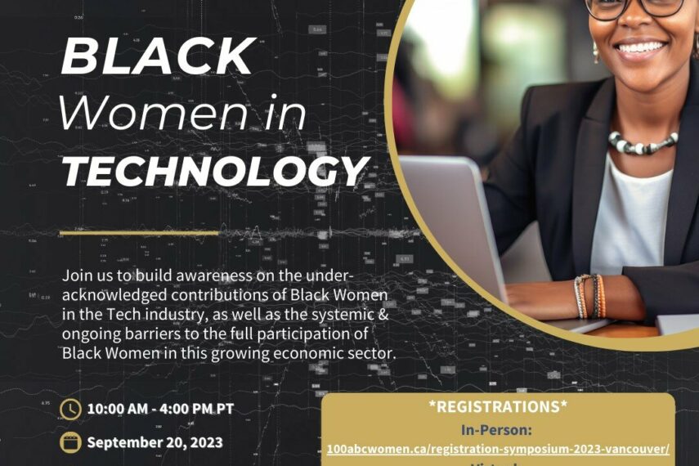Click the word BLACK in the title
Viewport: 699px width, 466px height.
158,56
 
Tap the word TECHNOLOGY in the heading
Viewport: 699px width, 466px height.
214,172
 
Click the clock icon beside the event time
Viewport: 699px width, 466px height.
71,408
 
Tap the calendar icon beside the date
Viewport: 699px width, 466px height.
71,442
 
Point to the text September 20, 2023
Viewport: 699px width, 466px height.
155,442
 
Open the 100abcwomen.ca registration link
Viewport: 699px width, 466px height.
498,449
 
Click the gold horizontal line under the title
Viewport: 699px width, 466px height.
140,232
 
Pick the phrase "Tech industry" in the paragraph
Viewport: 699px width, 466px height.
131,314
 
